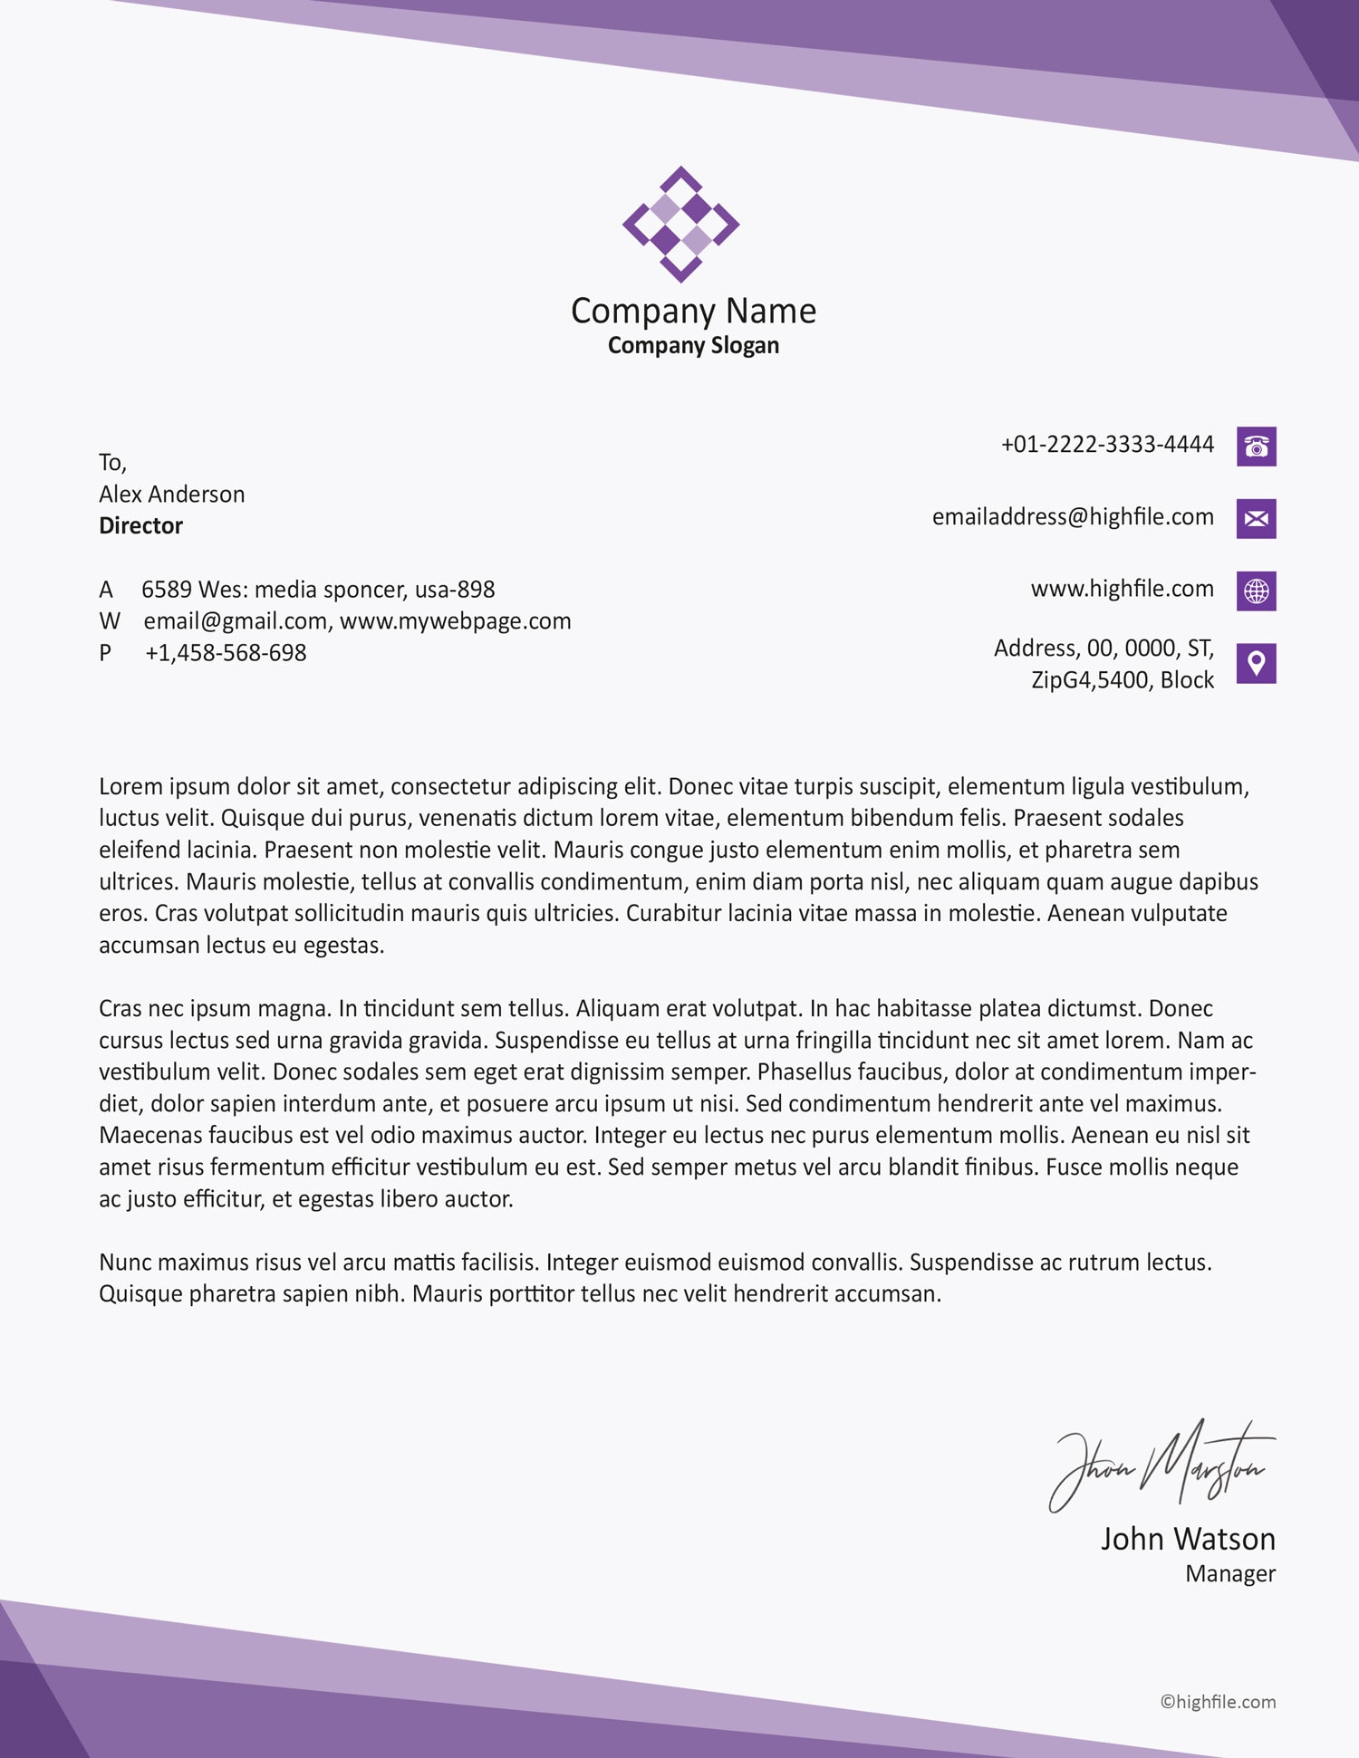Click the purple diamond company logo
(680, 224)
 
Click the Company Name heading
(693, 311)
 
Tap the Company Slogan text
(693, 345)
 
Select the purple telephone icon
(1256, 447)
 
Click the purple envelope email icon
(1256, 519)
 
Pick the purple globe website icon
(1256, 591)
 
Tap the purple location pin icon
(1256, 664)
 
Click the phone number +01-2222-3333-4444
(1106, 445)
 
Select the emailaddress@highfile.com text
(1073, 517)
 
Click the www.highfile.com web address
(1122, 589)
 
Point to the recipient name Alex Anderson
(171, 495)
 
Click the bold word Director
(140, 526)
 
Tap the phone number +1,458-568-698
(226, 653)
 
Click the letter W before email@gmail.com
(109, 621)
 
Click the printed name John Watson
(1187, 1539)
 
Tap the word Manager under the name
(1229, 1574)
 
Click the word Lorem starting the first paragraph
(130, 786)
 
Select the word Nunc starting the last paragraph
(126, 1263)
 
